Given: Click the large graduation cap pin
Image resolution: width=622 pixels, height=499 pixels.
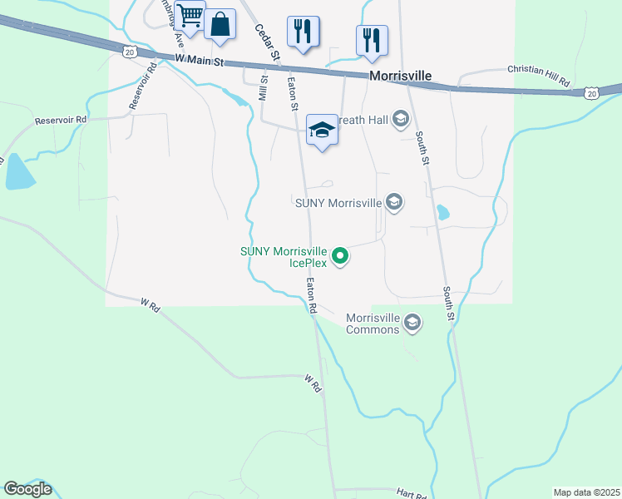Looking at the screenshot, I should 322,130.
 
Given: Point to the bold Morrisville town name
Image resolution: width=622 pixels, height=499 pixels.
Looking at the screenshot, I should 400,76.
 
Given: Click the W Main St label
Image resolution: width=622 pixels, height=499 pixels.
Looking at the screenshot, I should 200,60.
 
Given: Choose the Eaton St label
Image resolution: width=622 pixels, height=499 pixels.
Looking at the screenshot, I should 292,94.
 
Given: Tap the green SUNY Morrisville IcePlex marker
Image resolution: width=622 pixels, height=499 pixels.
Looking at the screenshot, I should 340,257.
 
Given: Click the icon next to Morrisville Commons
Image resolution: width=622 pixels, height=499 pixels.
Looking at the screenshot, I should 412,323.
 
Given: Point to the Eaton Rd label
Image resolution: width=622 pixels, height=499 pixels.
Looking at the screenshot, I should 311,296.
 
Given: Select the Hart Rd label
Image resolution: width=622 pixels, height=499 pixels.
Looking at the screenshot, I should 411,493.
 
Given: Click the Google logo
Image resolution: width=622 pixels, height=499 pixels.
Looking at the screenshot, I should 27,488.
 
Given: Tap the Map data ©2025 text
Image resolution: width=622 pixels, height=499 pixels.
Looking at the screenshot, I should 586,492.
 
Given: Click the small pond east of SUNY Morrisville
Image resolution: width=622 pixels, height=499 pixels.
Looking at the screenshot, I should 442,212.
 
